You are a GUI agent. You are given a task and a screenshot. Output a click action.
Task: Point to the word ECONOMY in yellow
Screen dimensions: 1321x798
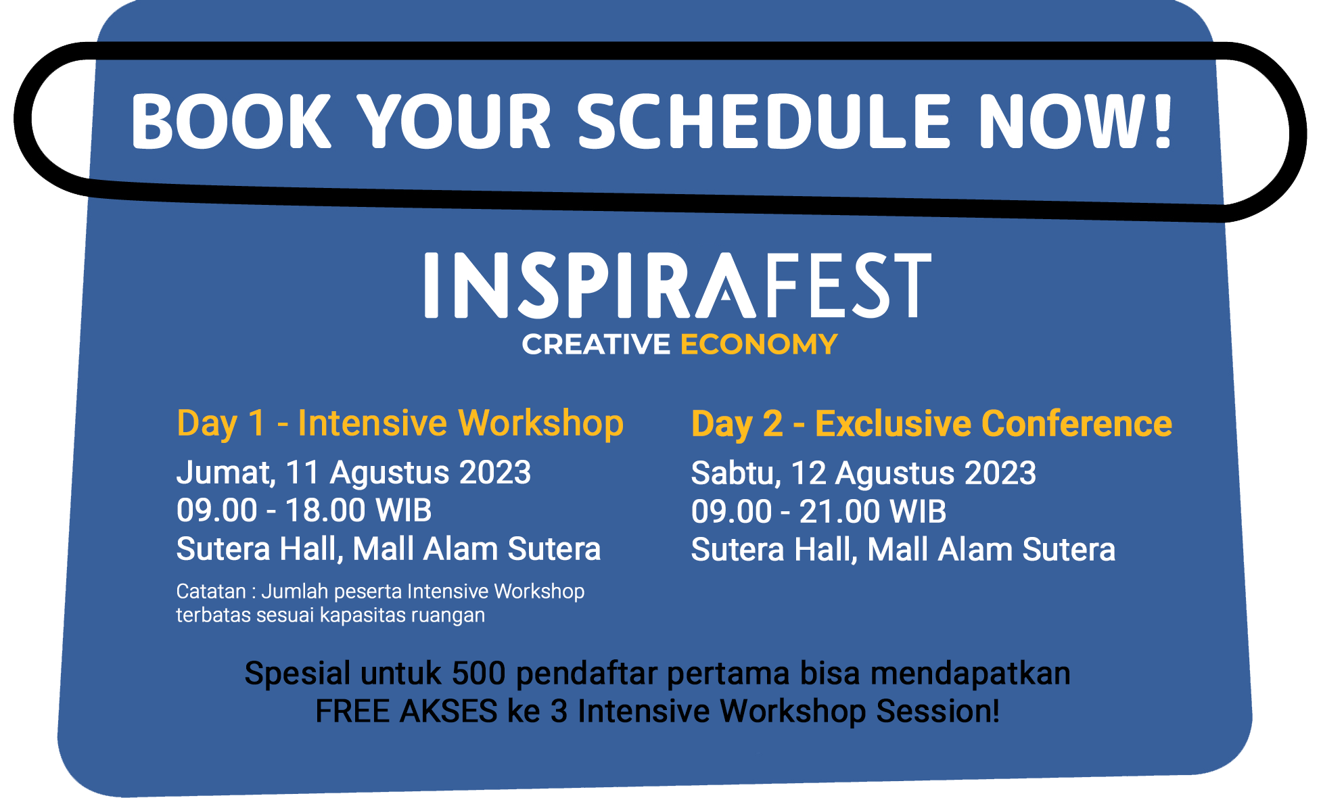tap(759, 344)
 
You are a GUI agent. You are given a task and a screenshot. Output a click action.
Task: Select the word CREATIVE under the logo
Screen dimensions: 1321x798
tap(596, 344)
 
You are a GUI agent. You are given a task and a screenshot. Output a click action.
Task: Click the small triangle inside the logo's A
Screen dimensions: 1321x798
tap(726, 294)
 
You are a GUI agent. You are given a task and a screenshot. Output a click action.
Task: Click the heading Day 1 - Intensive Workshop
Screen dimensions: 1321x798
tap(400, 423)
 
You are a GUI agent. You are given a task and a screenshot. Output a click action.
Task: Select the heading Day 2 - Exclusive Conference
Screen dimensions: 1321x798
tap(931, 424)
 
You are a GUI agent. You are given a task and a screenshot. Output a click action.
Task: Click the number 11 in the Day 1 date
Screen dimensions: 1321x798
tap(302, 473)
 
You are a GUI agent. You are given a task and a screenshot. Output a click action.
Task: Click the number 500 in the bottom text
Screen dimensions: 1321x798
tap(479, 674)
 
